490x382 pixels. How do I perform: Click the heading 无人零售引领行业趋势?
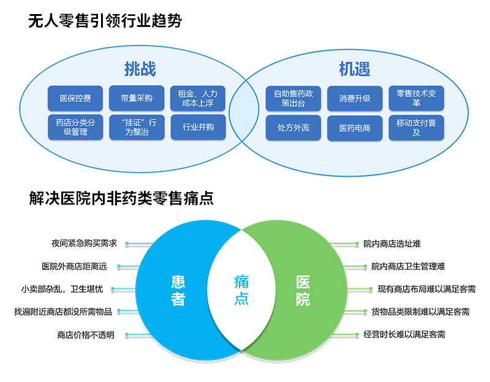[x=105, y=21]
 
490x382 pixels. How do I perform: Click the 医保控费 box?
[x=75, y=98]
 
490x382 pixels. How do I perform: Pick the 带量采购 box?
[x=137, y=98]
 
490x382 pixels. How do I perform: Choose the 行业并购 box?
[x=198, y=127]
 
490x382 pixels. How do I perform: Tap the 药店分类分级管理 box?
[x=75, y=127]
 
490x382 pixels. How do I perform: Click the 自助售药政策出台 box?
[x=293, y=98]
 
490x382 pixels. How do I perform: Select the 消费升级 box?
[x=355, y=98]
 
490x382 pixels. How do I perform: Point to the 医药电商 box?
[x=355, y=128]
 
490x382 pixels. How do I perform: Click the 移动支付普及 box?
[x=416, y=127]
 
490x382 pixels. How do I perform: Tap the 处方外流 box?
[x=293, y=128]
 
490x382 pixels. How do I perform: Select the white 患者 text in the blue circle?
[x=178, y=291]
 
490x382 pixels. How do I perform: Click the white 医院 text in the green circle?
[x=303, y=291]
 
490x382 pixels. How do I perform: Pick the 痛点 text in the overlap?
[x=241, y=291]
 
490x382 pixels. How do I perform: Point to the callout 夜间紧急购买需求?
[x=84, y=243]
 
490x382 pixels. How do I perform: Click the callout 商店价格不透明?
[x=85, y=335]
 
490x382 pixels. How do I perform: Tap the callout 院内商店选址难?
[x=392, y=243]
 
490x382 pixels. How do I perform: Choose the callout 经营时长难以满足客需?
[x=404, y=335]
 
